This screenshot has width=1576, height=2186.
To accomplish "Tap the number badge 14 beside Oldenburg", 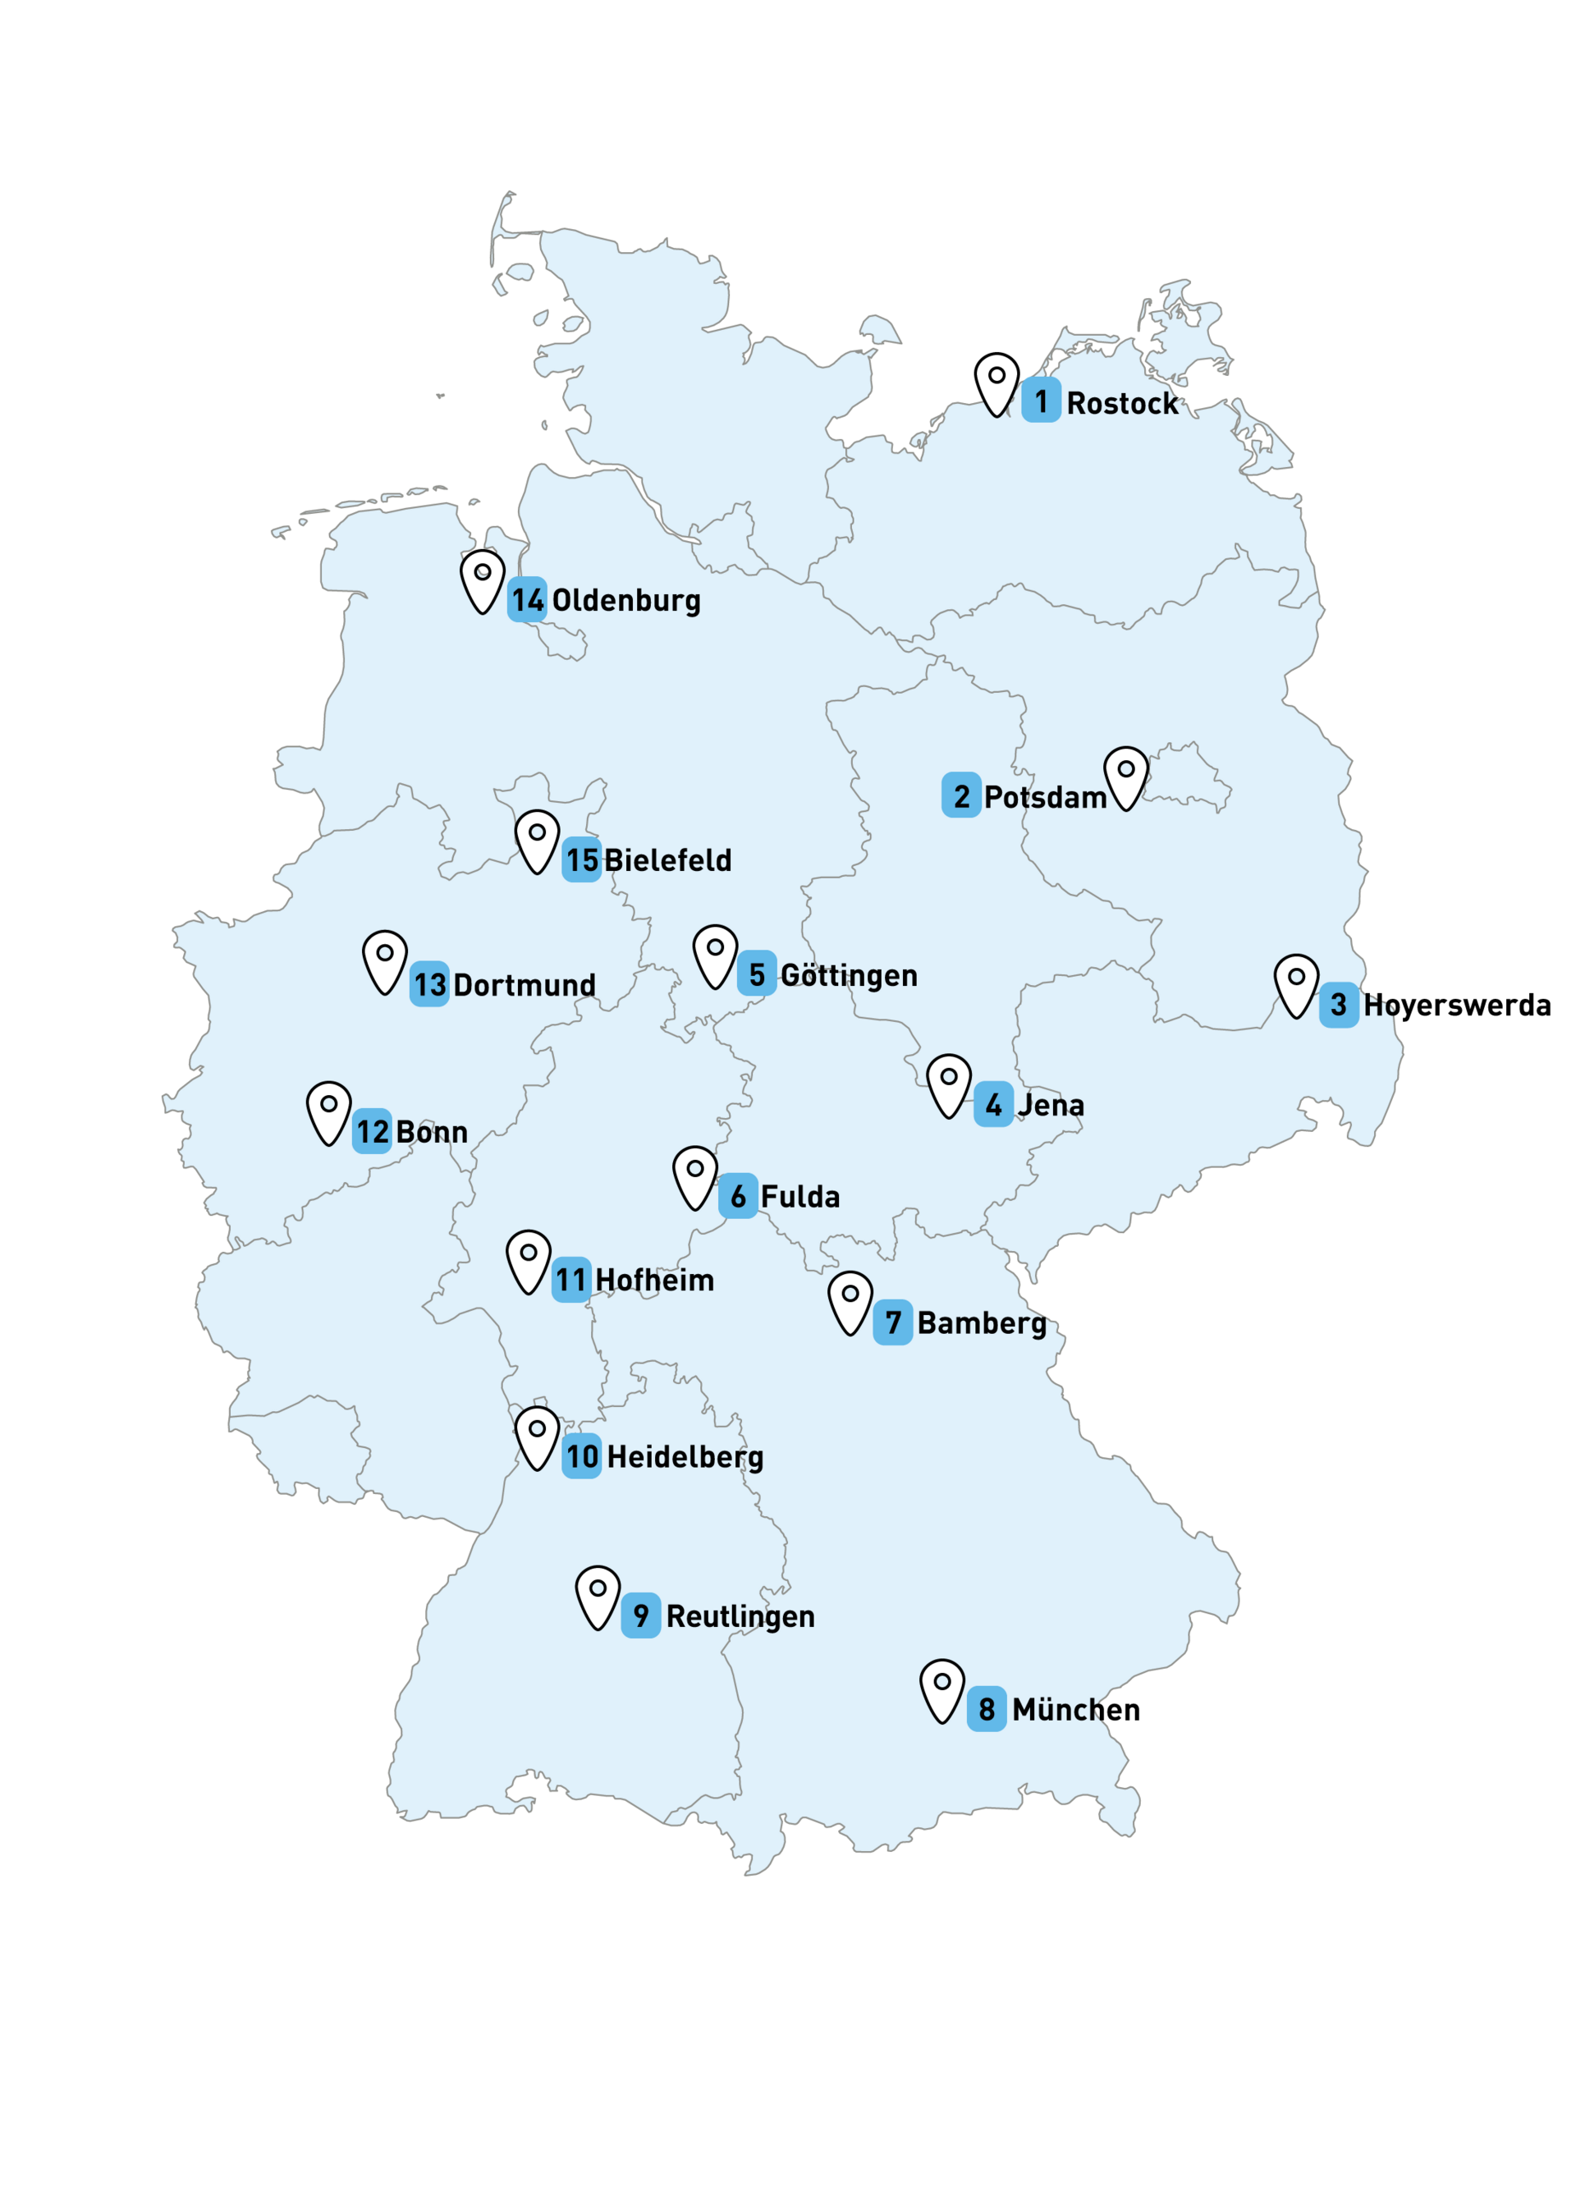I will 527,599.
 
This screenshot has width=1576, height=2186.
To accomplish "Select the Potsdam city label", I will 1045,797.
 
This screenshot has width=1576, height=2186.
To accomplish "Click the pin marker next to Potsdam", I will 1126,775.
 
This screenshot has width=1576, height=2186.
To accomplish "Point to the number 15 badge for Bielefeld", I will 581,859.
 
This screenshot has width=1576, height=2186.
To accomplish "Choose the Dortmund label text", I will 525,985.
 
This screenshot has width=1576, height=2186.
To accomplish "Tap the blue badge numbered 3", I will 1338,1004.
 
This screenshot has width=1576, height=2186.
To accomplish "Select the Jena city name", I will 1051,1105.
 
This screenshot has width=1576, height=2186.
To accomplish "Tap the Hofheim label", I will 654,1280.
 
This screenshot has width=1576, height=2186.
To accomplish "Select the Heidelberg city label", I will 685,1456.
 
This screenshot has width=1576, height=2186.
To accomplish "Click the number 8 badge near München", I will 986,1709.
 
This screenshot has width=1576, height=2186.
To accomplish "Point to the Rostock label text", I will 1122,403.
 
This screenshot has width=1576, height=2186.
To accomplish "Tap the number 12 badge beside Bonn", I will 372,1131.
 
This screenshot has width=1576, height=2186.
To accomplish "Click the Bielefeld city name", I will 667,859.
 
